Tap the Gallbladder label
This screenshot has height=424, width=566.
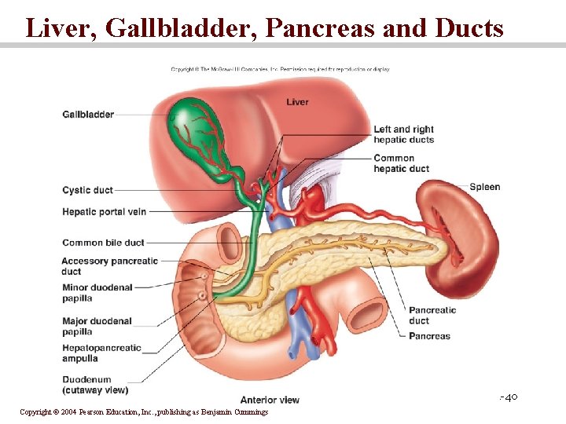88,115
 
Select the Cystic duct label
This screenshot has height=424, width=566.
87,190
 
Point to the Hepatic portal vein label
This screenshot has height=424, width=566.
104,211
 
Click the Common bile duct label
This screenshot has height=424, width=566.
103,243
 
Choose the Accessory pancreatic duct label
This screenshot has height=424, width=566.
109,266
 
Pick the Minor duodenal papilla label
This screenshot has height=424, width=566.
97,293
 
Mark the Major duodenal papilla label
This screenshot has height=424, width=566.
97,327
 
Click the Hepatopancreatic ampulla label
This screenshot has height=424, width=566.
101,353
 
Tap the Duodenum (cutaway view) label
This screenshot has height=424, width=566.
95,385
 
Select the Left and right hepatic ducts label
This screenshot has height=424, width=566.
403,134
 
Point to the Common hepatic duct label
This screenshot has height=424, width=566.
401,163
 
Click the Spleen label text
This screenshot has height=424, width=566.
484,187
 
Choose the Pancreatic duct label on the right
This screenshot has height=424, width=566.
432,315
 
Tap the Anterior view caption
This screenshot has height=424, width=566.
270,400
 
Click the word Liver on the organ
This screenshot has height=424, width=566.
297,102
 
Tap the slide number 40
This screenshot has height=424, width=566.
510,397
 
